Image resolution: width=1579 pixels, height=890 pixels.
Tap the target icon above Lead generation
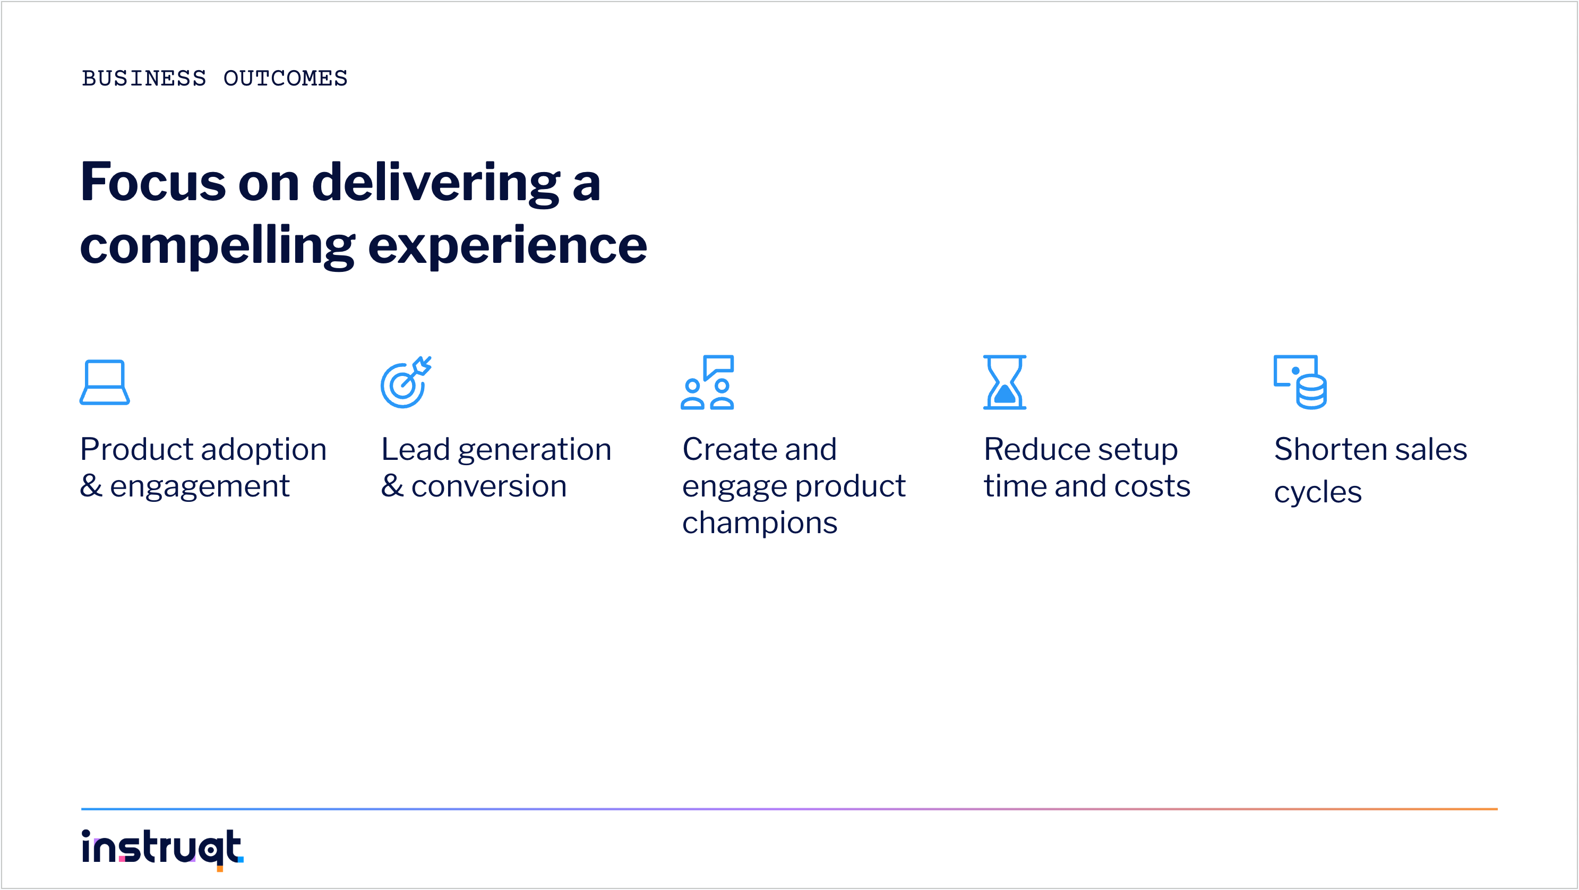pyautogui.click(x=405, y=382)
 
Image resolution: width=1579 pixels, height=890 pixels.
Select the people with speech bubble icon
pyautogui.click(x=707, y=382)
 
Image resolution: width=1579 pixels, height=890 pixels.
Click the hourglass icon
pyautogui.click(x=1005, y=382)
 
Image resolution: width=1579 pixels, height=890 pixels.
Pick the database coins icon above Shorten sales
pyautogui.click(x=1300, y=382)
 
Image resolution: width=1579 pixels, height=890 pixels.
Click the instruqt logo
pyautogui.click(x=162, y=850)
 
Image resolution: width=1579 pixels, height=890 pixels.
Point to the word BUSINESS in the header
pyautogui.click(x=144, y=79)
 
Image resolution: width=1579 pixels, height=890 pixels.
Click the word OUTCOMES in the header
pyautogui.click(x=286, y=79)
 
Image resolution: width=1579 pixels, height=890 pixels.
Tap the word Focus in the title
pyautogui.click(x=153, y=182)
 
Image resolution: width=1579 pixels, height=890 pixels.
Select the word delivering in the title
pyautogui.click(x=436, y=183)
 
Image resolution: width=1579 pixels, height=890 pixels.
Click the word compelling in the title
pyautogui.click(x=218, y=246)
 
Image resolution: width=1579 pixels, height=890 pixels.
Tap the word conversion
pyautogui.click(x=489, y=486)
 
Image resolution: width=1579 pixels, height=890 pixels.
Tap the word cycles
pyautogui.click(x=1318, y=493)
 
